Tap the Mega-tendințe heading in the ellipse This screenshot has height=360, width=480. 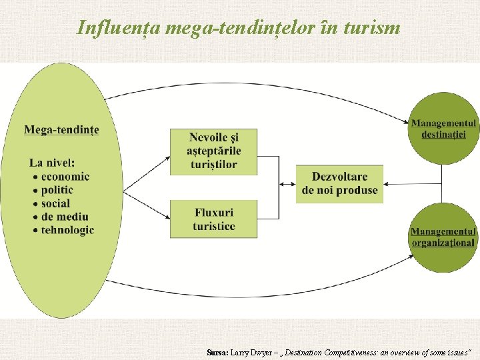[x=61, y=129]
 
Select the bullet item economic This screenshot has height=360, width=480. [x=65, y=177]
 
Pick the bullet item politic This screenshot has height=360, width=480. [x=57, y=190]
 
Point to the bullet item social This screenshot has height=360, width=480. [x=55, y=203]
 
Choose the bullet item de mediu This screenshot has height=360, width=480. [x=64, y=217]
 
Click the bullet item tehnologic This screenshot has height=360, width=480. [x=67, y=230]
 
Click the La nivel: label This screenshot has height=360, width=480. [x=52, y=162]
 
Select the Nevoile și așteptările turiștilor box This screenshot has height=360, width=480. [x=213, y=151]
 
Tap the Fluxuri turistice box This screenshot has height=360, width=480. [x=213, y=219]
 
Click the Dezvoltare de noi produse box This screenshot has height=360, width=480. [x=339, y=183]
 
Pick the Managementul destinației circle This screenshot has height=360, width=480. [x=443, y=128]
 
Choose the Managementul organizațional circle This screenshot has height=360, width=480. [x=443, y=237]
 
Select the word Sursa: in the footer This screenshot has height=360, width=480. [x=217, y=352]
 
